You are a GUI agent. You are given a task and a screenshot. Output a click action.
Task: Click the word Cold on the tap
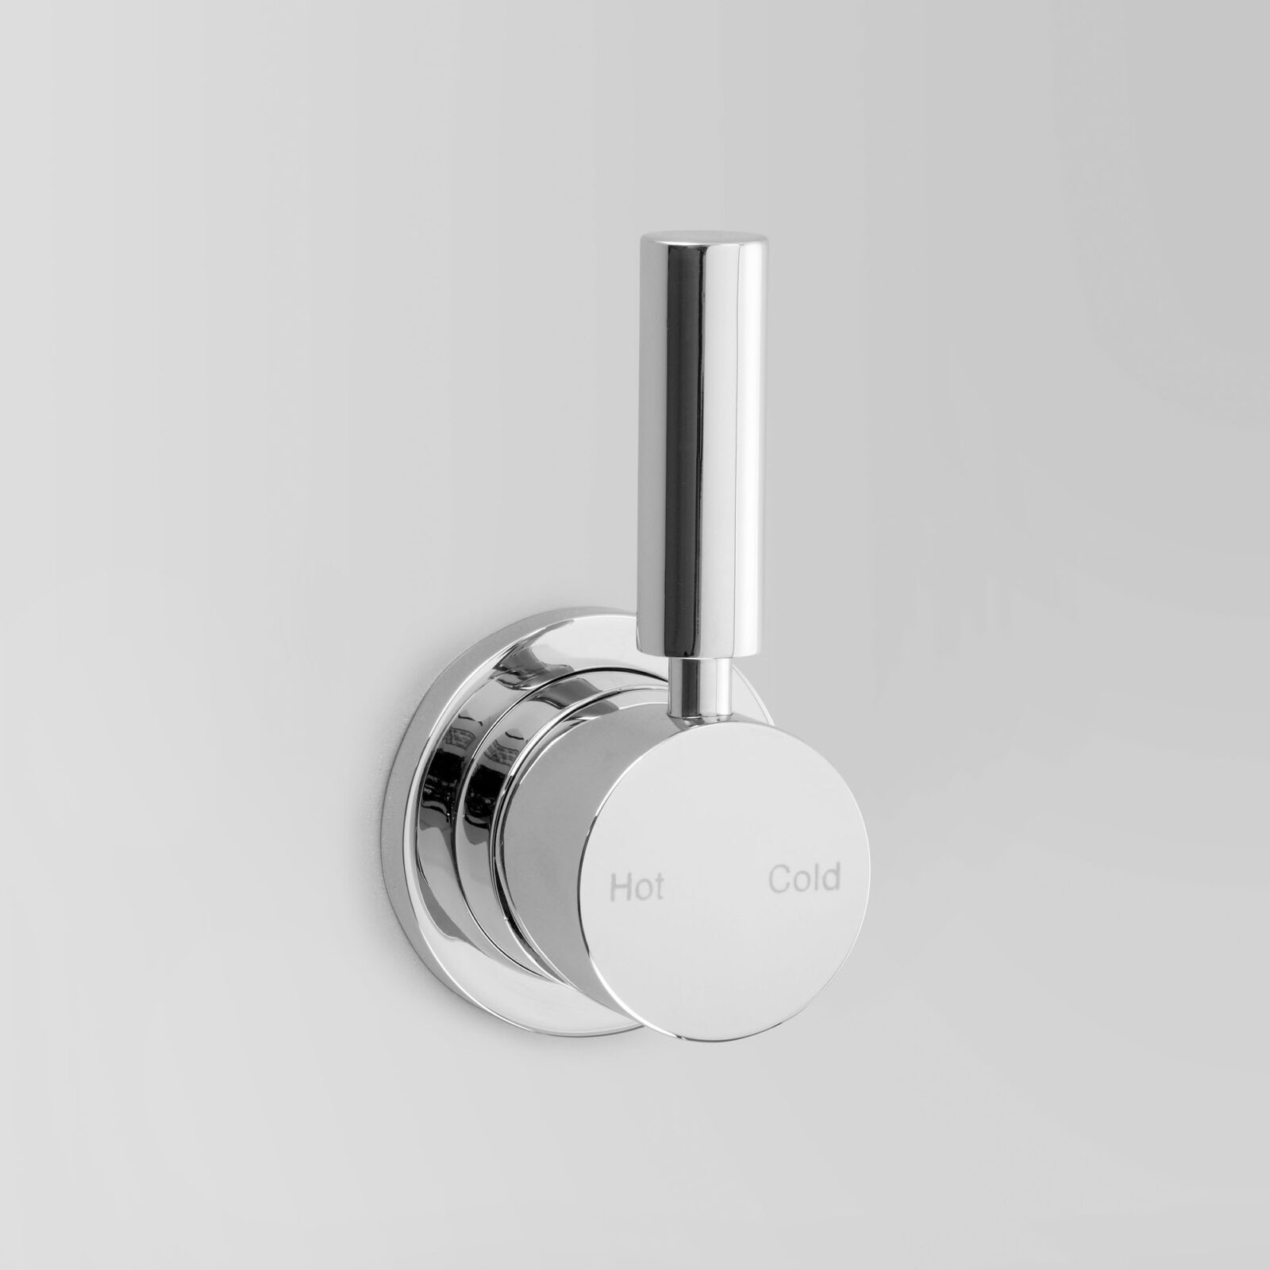[x=803, y=878]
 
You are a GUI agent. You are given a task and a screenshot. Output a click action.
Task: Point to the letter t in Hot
[x=658, y=888]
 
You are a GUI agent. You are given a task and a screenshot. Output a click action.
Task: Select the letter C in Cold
[x=778, y=879]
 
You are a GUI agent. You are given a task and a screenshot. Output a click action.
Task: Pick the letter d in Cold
[x=831, y=877]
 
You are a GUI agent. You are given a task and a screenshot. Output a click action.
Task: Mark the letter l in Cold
[x=815, y=877]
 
